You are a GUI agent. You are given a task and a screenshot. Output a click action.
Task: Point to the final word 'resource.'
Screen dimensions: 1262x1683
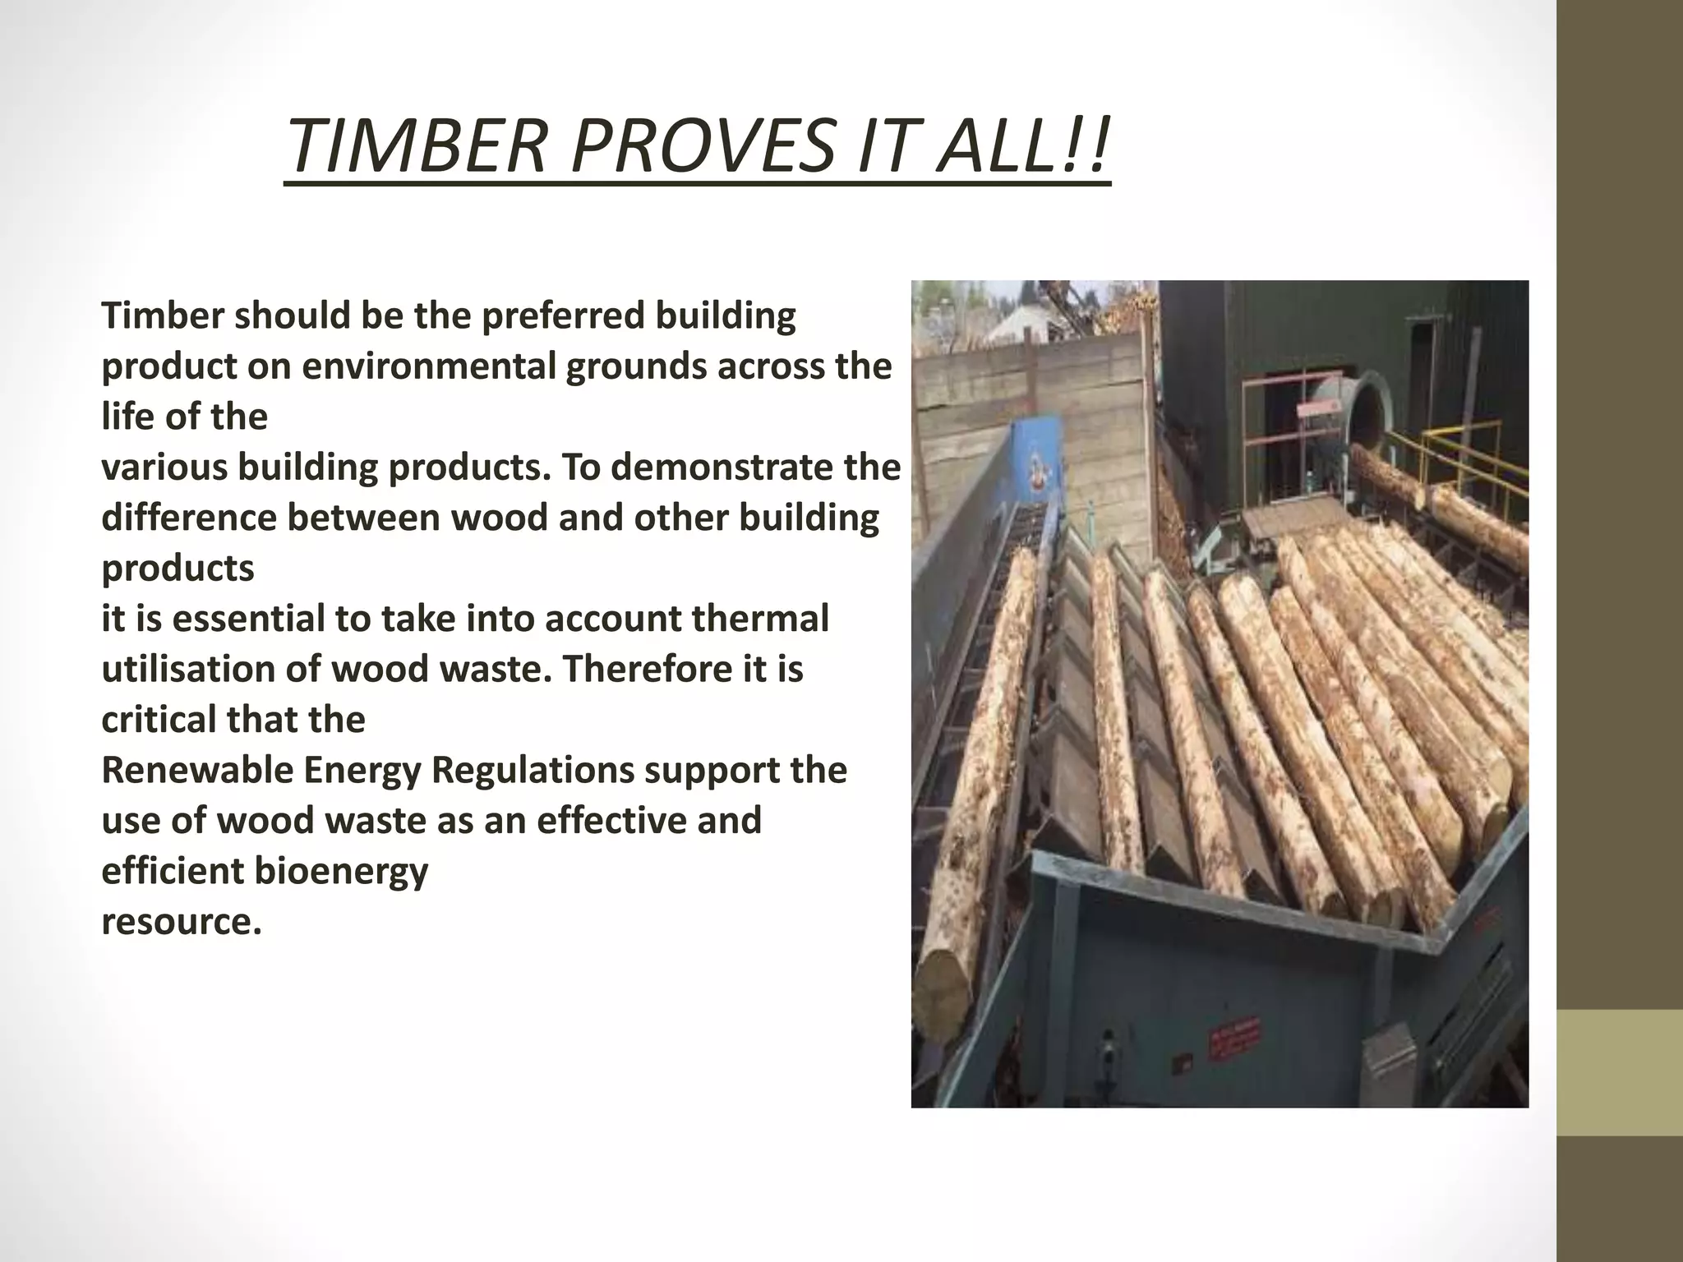pyautogui.click(x=182, y=922)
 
